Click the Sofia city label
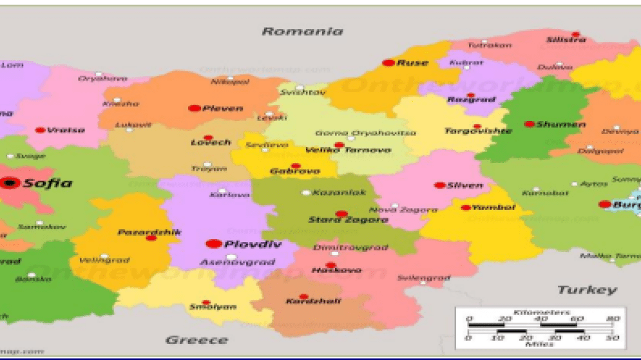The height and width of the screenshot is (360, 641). (x=48, y=183)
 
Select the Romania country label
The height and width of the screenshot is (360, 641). (x=302, y=31)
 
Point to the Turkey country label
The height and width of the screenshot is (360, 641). (x=587, y=290)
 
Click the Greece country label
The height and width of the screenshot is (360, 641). (x=196, y=339)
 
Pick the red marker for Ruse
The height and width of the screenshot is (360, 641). (x=388, y=63)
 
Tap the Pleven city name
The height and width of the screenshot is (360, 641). (x=223, y=108)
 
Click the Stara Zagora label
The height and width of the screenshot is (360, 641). (x=340, y=220)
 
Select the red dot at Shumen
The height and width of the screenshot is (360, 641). (x=529, y=124)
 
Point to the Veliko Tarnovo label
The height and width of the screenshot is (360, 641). (x=340, y=150)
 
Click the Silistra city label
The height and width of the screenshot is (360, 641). (x=566, y=40)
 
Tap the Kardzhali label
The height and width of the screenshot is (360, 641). (x=304, y=301)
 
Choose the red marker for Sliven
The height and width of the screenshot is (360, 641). (x=439, y=185)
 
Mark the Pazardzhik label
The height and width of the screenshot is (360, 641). (x=149, y=232)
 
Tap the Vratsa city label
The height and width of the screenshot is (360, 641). (x=66, y=129)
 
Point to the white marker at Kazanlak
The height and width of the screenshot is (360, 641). (x=306, y=193)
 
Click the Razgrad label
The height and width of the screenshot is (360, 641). (x=471, y=100)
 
